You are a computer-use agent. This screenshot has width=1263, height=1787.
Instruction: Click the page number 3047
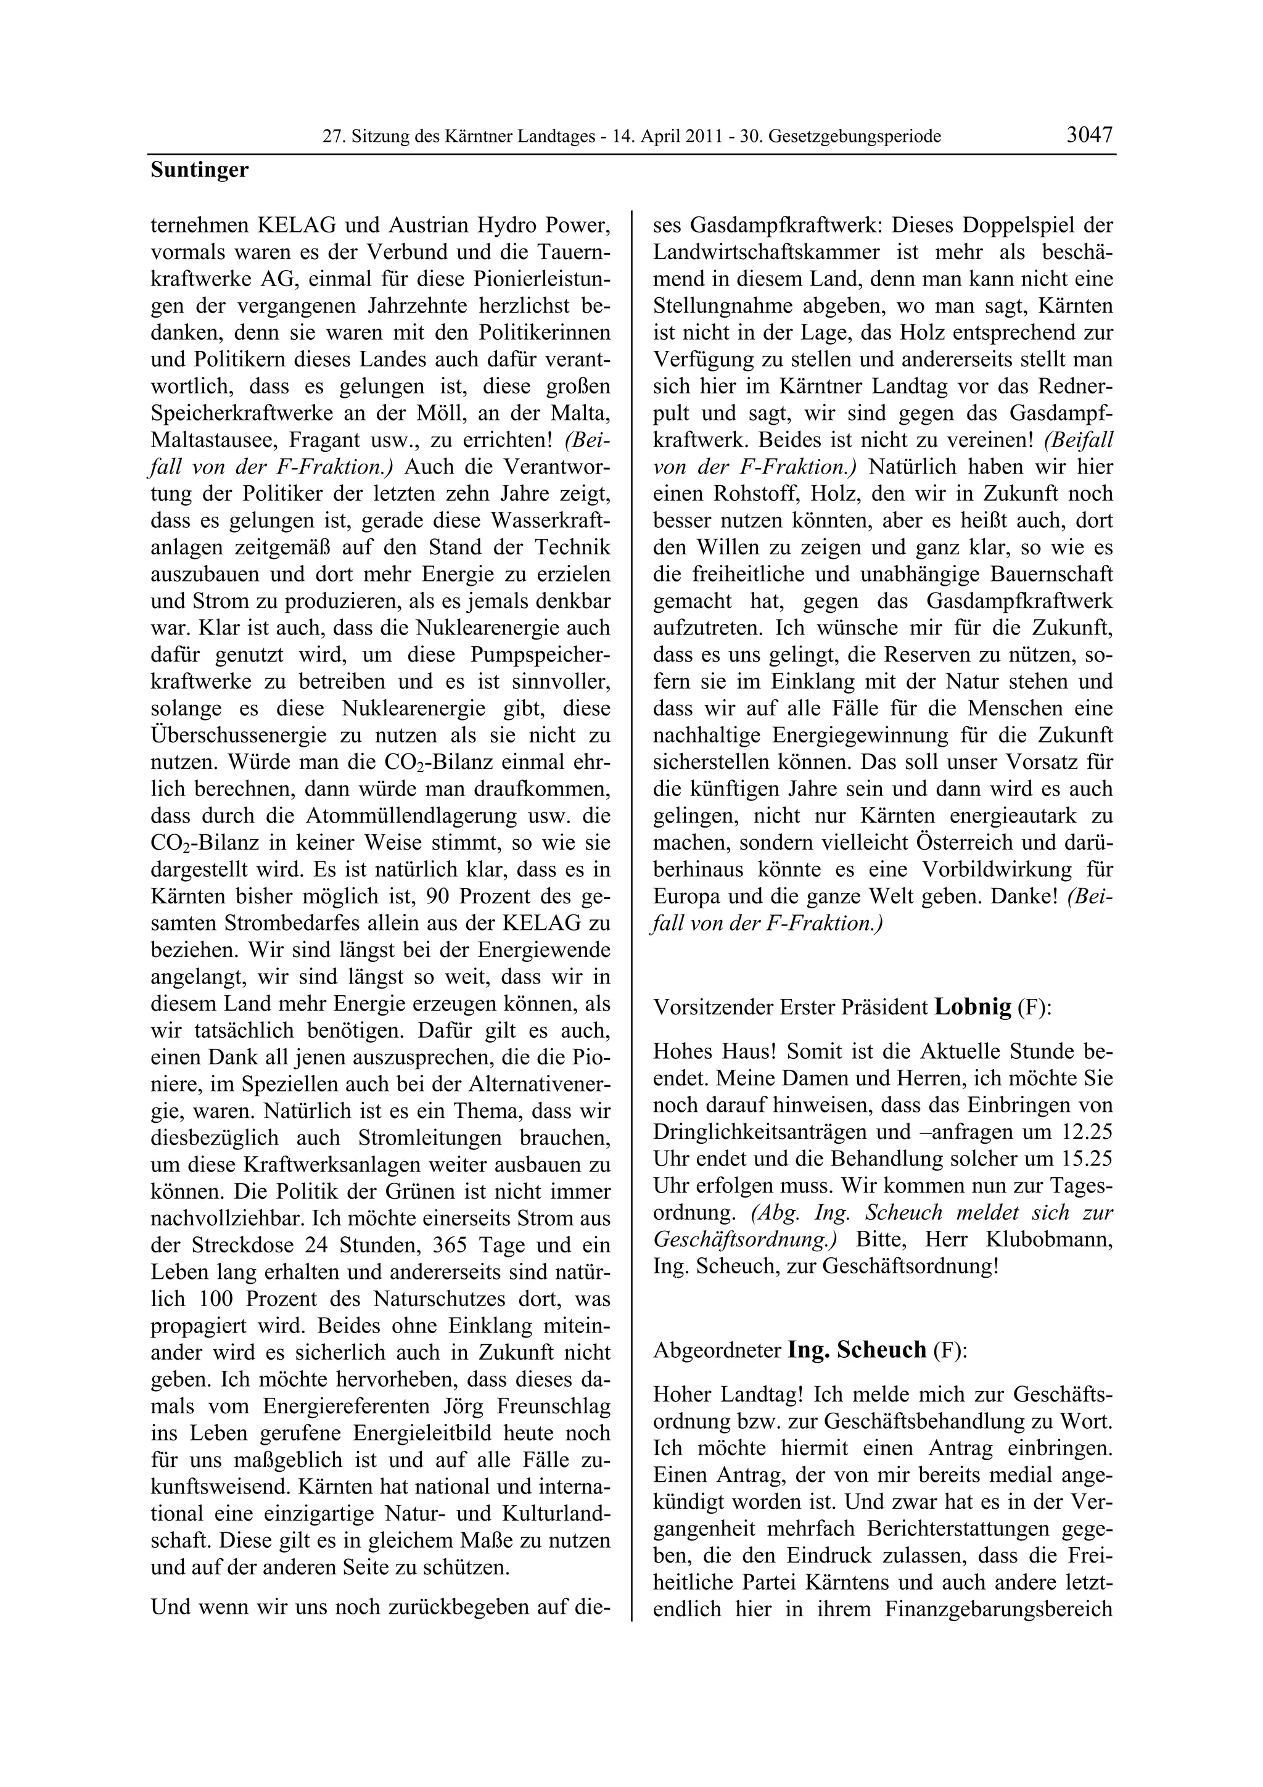[1090, 134]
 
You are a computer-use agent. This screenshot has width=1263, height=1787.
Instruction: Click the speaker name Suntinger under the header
[199, 170]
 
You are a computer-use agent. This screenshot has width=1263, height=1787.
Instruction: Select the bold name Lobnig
[972, 1006]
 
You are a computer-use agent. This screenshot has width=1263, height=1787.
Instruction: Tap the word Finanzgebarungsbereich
[998, 1608]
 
